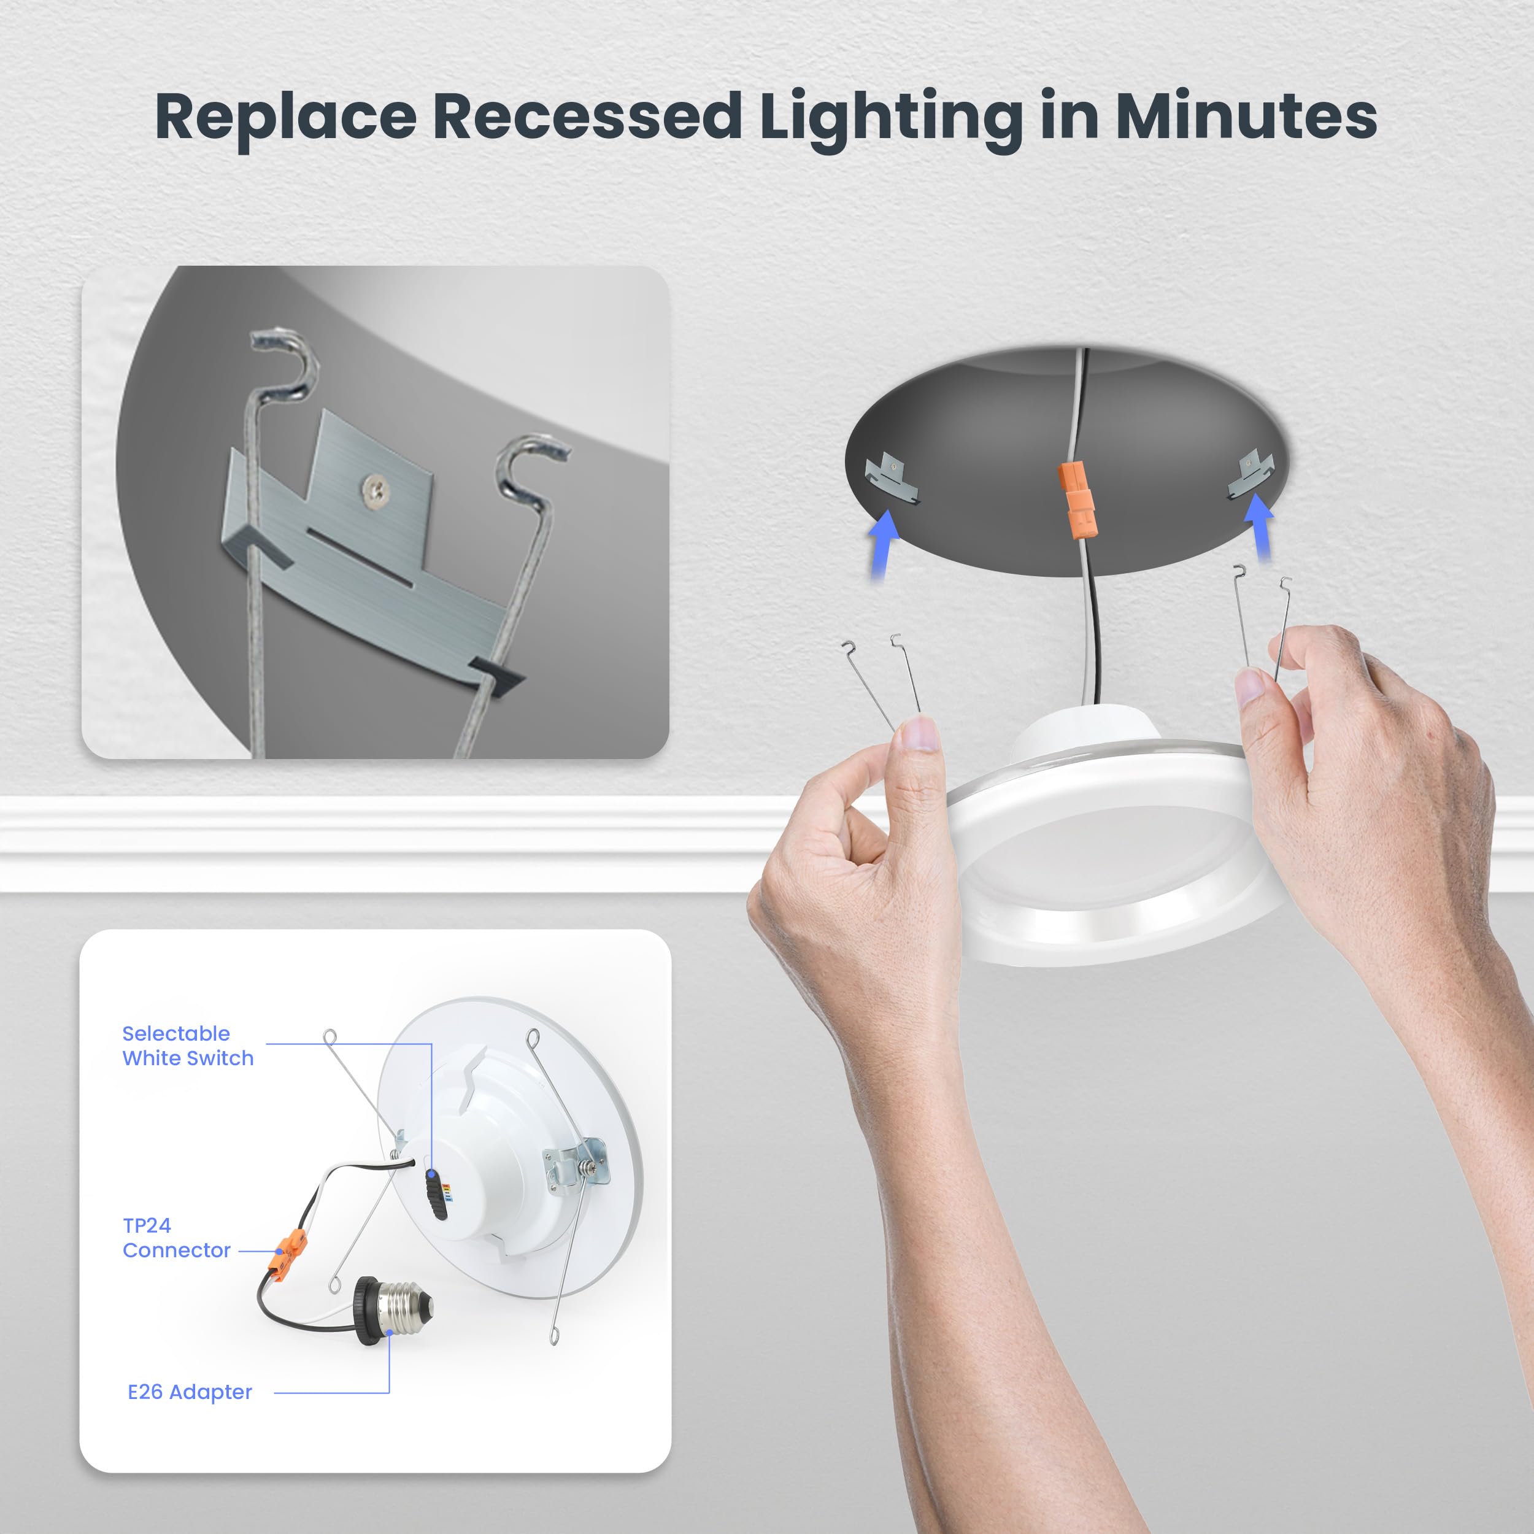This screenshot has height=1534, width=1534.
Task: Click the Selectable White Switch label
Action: click(187, 1046)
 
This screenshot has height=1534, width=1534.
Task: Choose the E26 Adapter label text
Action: click(190, 1392)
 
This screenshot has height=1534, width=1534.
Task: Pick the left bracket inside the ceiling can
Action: click(890, 478)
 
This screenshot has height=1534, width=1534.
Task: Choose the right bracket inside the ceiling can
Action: click(1251, 475)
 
